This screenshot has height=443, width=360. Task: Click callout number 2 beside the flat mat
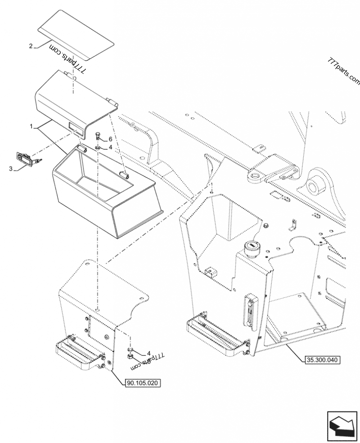(31, 46)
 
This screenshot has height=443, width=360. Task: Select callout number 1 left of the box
(31, 127)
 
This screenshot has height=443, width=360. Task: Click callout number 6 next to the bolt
(110, 140)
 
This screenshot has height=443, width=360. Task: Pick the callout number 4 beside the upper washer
(110, 147)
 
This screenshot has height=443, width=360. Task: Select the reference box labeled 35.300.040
(323, 359)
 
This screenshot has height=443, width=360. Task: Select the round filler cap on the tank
(250, 247)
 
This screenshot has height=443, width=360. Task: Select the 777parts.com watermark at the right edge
(344, 72)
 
